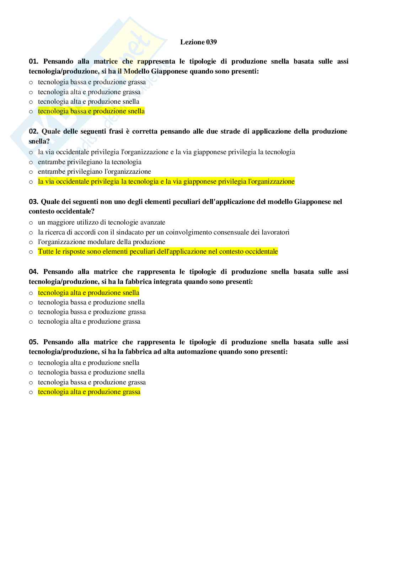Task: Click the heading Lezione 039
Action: coord(198,42)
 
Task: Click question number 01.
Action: coord(33,61)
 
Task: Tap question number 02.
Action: coord(33,131)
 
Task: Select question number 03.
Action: coord(33,202)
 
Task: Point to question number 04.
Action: coord(33,272)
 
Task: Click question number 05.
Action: coord(33,342)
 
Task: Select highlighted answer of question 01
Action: coord(91,111)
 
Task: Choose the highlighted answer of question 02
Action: coord(166,182)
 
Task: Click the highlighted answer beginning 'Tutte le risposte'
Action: coord(158,252)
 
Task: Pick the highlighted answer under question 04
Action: coord(88,293)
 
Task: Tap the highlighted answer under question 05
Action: coord(89,392)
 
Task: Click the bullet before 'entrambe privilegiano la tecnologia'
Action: coord(31,162)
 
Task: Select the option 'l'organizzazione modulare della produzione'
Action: coord(101,242)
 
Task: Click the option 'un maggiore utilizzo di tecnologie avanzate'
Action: coord(101,222)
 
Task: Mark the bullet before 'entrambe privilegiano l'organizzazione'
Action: coord(31,172)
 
